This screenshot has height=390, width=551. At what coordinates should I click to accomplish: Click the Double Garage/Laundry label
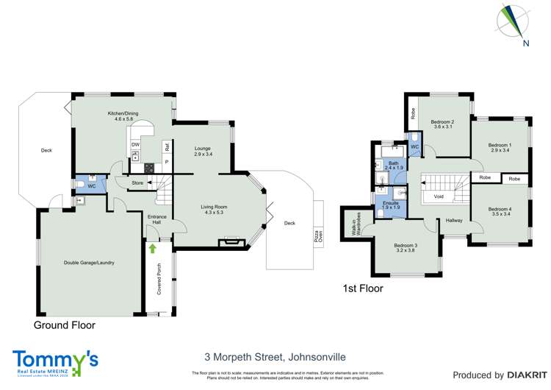click(x=88, y=263)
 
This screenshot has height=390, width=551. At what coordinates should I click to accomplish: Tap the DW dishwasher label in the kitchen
click(x=135, y=145)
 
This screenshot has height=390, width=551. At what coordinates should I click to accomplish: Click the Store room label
click(x=137, y=182)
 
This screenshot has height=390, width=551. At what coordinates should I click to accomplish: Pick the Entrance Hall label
click(x=157, y=219)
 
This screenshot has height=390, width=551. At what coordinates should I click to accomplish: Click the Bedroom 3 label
click(x=405, y=249)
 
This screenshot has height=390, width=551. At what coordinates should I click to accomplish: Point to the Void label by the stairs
click(x=439, y=196)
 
